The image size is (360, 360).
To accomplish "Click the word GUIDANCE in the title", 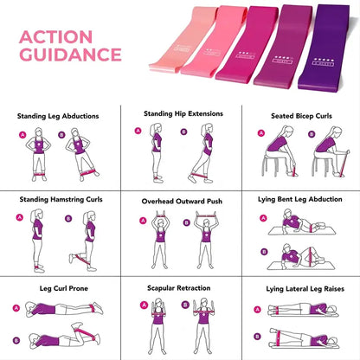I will (70, 55).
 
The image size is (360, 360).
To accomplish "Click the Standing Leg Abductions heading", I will (58, 115).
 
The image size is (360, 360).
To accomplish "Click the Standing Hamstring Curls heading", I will (61, 199).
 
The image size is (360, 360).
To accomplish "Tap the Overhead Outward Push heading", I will (182, 201).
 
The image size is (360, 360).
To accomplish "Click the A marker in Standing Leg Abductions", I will (22, 135).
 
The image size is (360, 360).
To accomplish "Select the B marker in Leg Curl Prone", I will (16, 337).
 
